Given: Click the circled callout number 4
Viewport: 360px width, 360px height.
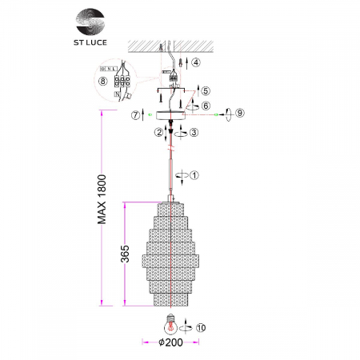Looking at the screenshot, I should pos(196,61).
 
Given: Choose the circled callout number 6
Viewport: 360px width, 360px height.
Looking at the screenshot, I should pos(206,106).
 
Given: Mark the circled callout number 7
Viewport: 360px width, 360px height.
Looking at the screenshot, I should pos(138,114).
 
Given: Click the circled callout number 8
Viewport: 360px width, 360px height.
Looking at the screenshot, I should pos(102,82).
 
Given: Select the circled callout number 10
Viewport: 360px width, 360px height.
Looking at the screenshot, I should pos(200,326).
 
